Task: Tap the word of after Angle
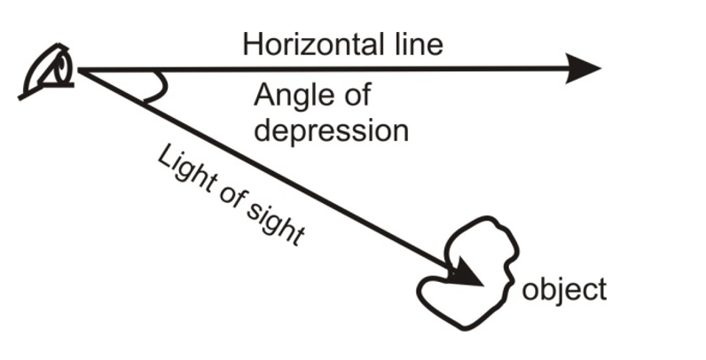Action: (x=356, y=95)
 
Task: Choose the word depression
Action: (x=331, y=130)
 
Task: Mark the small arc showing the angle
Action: (x=159, y=87)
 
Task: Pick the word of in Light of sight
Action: (x=230, y=196)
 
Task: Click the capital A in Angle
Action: (x=264, y=95)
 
